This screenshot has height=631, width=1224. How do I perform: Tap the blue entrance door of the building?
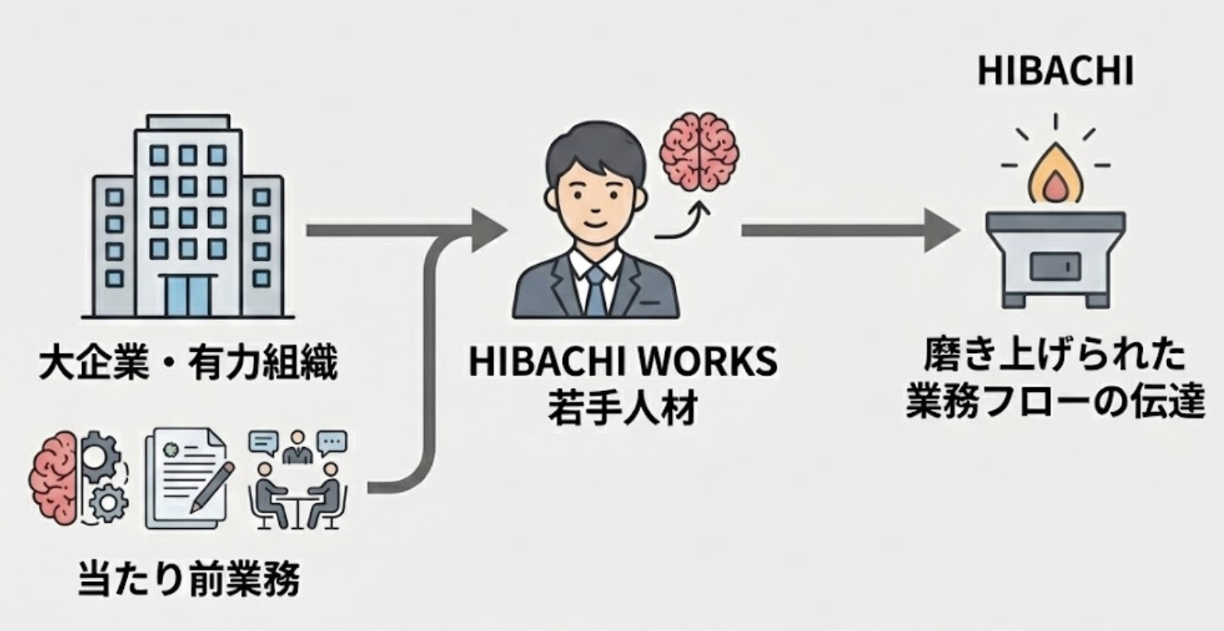click(x=188, y=295)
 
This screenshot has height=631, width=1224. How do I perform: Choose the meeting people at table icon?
click(x=297, y=478)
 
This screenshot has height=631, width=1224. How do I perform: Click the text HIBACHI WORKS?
click(x=622, y=362)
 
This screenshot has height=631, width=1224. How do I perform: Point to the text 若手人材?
click(x=621, y=407)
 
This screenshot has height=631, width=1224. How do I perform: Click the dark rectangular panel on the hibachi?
click(x=1054, y=267)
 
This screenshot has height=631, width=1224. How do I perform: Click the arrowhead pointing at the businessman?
click(x=487, y=231)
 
